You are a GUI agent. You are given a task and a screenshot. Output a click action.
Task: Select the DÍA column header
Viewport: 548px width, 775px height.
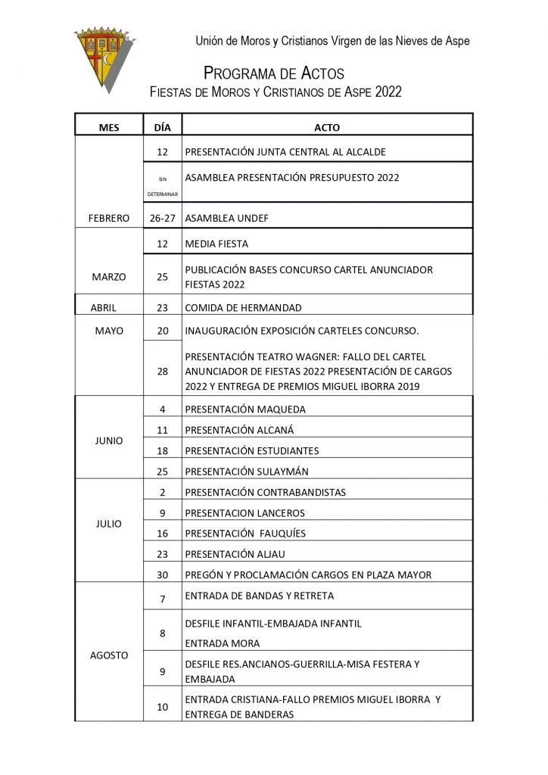tap(162, 127)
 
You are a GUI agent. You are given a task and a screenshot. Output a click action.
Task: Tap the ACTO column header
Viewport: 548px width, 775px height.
tap(326, 127)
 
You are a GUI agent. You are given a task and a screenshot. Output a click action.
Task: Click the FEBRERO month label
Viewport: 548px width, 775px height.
tap(110, 218)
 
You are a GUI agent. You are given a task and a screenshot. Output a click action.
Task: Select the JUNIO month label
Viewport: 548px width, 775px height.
tap(110, 440)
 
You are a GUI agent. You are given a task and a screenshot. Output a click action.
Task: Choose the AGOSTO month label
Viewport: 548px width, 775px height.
tap(110, 654)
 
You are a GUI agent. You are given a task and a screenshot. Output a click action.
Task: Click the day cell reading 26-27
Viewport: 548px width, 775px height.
tap(162, 218)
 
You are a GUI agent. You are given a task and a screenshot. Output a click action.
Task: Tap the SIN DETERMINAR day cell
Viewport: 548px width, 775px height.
tap(162, 186)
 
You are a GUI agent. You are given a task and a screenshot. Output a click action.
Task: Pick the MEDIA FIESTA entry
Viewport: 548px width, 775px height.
tap(216, 244)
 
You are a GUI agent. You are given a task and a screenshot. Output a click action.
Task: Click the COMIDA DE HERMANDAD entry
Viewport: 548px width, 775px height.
tap(243, 307)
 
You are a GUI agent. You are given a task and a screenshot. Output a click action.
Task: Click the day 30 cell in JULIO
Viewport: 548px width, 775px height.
tap(162, 574)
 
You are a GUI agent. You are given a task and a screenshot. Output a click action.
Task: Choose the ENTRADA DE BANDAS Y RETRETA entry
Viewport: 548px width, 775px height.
tap(259, 596)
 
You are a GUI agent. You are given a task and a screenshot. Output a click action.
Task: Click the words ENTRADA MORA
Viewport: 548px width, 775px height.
tap(222, 643)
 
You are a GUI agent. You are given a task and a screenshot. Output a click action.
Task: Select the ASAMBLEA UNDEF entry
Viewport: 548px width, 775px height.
tap(226, 218)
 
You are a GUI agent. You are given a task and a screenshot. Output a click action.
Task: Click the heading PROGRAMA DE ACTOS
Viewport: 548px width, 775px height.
tap(274, 73)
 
